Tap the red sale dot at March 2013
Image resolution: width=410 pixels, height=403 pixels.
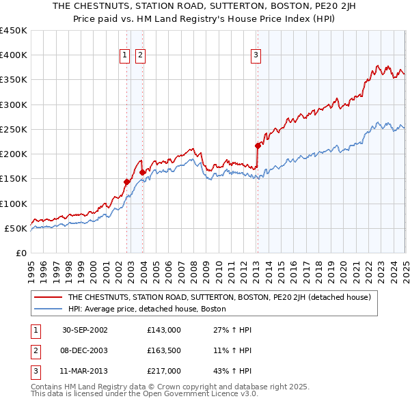tap(258, 145)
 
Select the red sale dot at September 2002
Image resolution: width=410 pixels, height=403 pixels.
tap(126, 182)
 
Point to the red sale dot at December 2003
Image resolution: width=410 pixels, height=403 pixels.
tap(142, 172)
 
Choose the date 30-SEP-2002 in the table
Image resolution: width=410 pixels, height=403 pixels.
tap(85, 330)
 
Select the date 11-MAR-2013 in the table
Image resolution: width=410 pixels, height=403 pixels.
tap(85, 371)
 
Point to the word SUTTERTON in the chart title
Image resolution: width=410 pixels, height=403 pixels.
tap(209, 5)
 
